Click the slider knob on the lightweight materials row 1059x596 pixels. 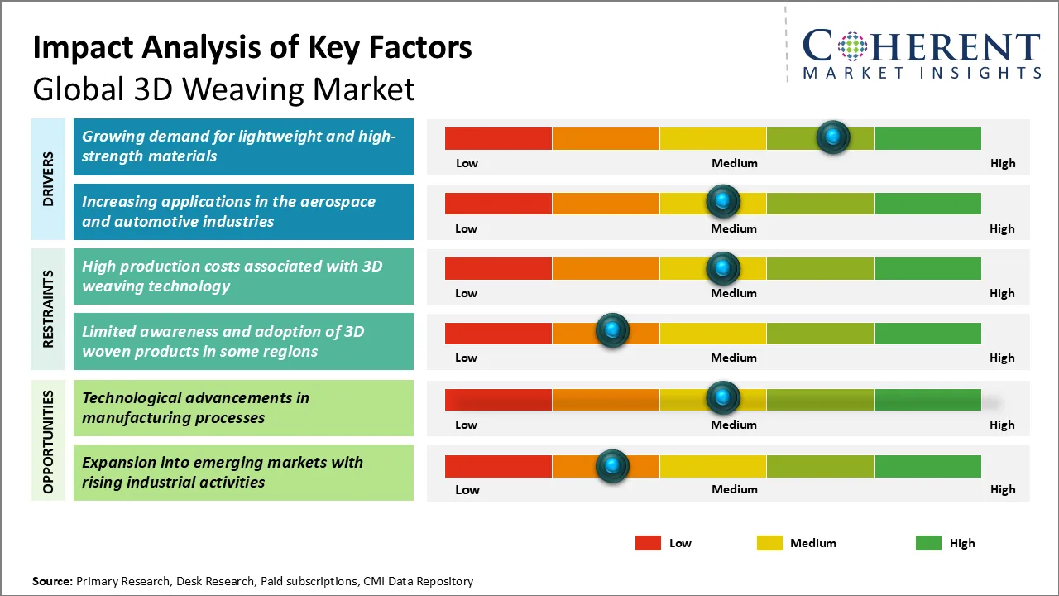(833, 137)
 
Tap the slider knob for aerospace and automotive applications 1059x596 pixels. (723, 201)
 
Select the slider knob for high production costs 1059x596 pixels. (723, 267)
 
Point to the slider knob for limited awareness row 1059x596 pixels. (612, 330)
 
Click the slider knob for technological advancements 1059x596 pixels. (723, 398)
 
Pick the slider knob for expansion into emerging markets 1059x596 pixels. (612, 466)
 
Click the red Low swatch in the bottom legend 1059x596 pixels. (648, 543)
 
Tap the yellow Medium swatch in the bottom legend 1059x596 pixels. (769, 543)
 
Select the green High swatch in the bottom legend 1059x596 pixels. (928, 543)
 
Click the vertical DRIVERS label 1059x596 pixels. (49, 179)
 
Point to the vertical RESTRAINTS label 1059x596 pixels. (49, 308)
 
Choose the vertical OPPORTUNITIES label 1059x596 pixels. (49, 441)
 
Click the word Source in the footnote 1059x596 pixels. (52, 581)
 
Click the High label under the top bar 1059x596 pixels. (1003, 163)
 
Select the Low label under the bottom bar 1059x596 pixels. (467, 489)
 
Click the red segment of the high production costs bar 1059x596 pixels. (498, 268)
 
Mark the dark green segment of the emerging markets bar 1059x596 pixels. (927, 466)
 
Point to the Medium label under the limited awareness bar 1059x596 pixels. (734, 358)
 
